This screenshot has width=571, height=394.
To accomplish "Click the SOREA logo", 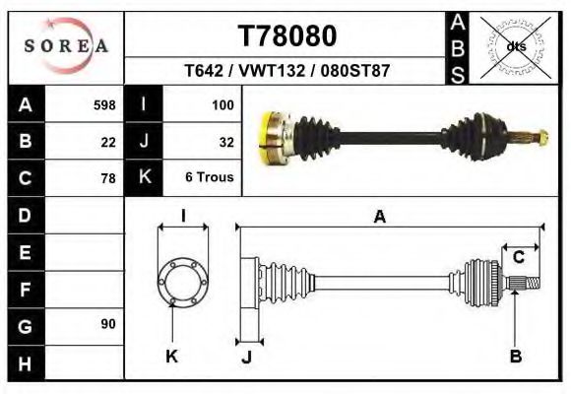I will [66, 45].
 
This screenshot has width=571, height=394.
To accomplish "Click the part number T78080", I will [287, 36].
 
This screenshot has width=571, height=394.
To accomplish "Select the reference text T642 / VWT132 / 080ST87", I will [286, 72].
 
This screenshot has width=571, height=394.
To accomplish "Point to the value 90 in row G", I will [107, 324].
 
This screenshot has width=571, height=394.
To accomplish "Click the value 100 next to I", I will [222, 104].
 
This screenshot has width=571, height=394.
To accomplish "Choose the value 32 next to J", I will [225, 142].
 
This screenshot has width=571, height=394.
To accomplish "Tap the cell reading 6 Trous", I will [209, 178].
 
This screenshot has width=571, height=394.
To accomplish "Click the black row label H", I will [25, 361].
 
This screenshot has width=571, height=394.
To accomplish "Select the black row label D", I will [25, 215].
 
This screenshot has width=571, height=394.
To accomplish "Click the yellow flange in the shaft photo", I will [269, 138].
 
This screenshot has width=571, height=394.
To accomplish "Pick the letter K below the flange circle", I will [171, 357].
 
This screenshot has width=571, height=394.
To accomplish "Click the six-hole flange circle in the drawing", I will [183, 281].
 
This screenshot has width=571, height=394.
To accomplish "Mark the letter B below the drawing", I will [515, 357].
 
